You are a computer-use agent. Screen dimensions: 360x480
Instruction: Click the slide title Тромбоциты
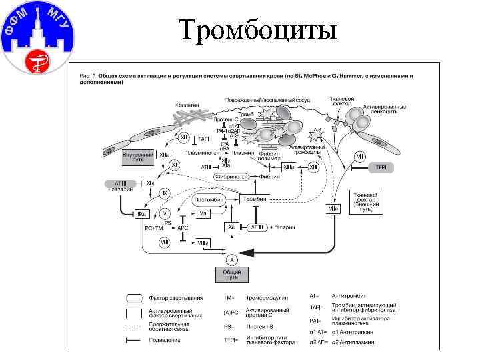pyautogui.click(x=258, y=29)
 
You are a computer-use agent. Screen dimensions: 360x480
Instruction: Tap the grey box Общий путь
pyautogui.click(x=232, y=274)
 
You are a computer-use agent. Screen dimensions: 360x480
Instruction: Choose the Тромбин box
pyautogui.click(x=253, y=199)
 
